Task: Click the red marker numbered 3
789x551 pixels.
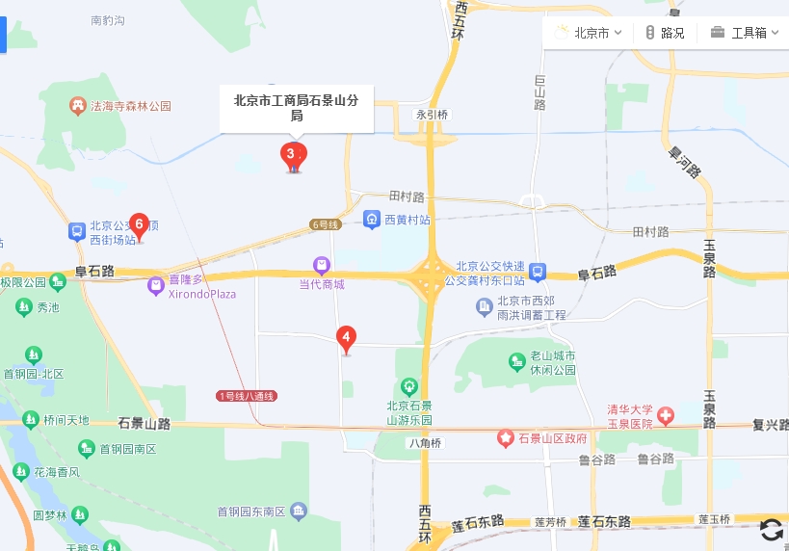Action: tap(293, 154)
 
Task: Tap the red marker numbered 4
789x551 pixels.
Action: tap(346, 338)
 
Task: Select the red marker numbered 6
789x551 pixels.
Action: tap(140, 225)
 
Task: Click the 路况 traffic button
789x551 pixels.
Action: tap(665, 33)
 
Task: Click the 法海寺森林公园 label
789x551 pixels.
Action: tap(130, 106)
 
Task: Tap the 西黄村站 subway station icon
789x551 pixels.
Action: tap(372, 220)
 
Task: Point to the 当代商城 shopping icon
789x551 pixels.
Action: tap(322, 265)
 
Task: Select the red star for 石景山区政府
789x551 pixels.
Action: tap(506, 438)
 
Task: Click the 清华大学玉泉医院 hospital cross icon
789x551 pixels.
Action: tap(666, 415)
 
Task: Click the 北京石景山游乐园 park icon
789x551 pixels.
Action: tap(409, 386)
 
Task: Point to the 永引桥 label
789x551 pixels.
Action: tap(433, 115)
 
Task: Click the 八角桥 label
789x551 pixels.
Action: tap(424, 443)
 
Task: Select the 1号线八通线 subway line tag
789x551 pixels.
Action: tap(246, 396)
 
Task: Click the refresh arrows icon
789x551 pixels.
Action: tap(771, 529)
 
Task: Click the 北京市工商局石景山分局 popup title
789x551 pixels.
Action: tap(296, 107)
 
